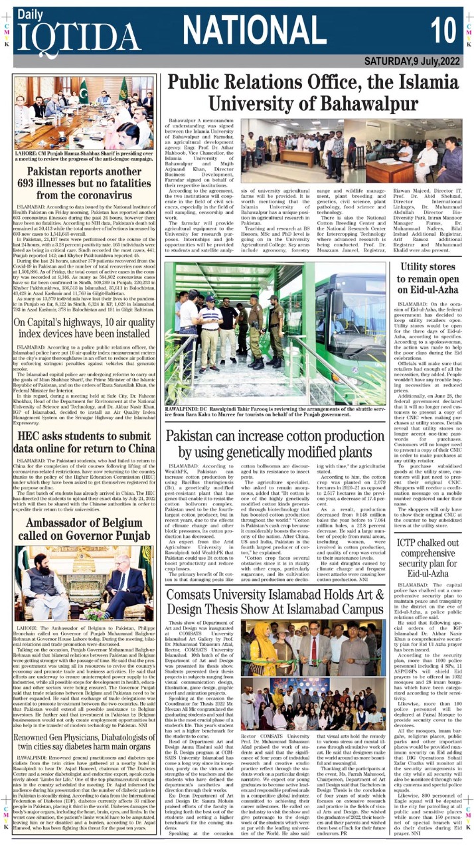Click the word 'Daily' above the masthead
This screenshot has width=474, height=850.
26,13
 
